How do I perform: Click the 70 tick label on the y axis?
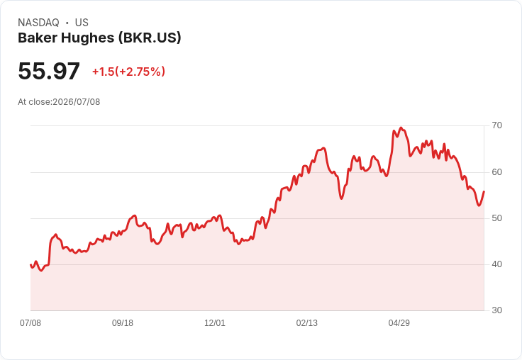click(496, 125)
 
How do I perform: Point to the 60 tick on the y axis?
click(496, 172)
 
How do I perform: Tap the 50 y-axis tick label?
click(496, 218)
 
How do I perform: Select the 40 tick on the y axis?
click(496, 264)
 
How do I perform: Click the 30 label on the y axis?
click(496, 310)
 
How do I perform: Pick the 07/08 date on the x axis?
click(30, 323)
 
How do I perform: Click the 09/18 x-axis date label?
click(123, 323)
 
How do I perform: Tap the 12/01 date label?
click(215, 323)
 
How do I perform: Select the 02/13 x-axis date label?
click(307, 323)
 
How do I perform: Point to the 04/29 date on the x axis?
click(399, 323)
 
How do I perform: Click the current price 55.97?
click(49, 71)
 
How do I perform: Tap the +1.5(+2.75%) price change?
click(128, 72)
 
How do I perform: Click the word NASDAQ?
click(38, 23)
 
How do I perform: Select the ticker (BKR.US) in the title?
click(150, 38)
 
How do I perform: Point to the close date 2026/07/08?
click(76, 102)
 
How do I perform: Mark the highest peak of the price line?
click(401, 128)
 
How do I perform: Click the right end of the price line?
click(484, 191)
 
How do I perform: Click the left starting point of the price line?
click(30, 265)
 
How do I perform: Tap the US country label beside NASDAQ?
click(82, 23)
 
